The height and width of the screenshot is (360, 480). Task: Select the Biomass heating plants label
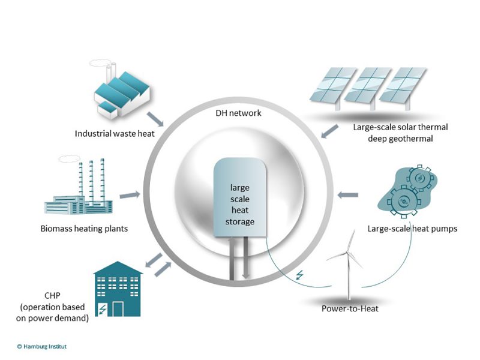tap(84, 229)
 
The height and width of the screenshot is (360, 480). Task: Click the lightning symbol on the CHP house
tap(103, 308)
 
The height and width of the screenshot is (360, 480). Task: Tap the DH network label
tap(238, 113)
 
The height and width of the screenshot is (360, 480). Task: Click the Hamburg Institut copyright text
tap(42, 347)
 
